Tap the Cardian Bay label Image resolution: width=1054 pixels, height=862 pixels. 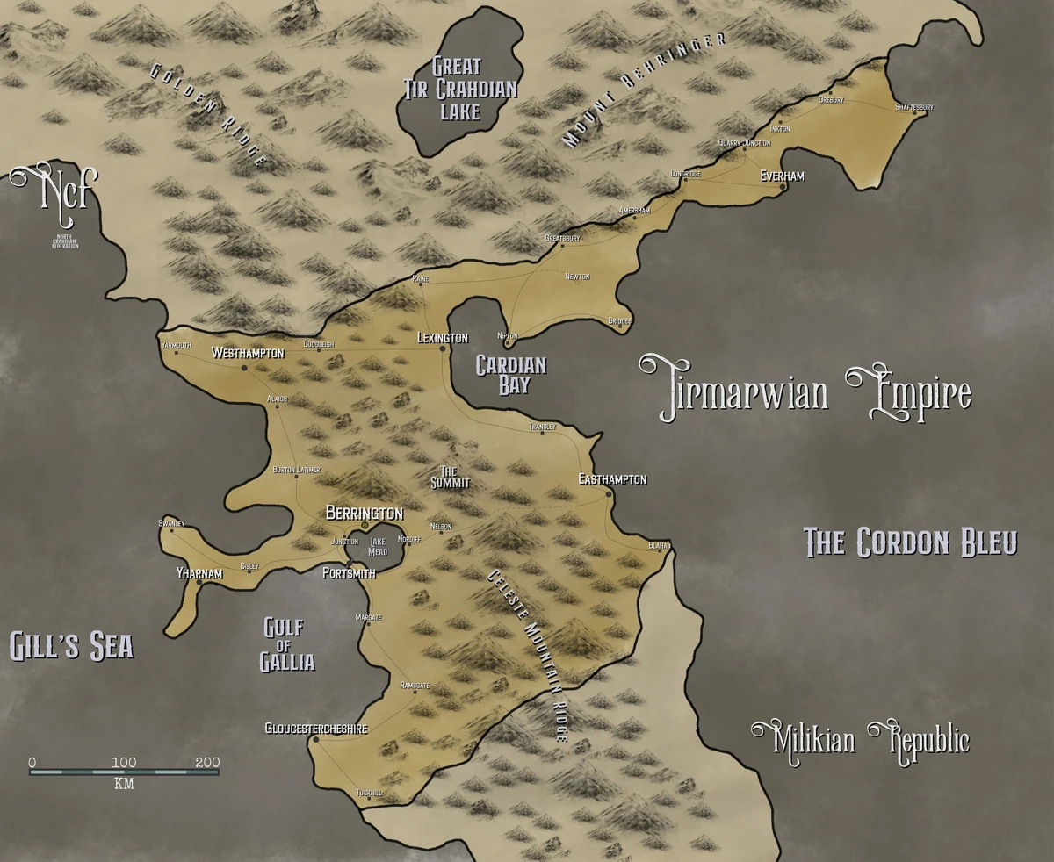[x=510, y=375]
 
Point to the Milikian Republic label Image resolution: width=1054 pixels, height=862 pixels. [x=861, y=740]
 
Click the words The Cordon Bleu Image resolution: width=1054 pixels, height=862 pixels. [x=911, y=542]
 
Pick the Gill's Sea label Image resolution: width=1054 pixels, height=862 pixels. [x=71, y=647]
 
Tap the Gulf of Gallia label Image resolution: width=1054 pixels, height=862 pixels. [x=287, y=644]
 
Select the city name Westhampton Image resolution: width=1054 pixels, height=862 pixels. [x=248, y=353]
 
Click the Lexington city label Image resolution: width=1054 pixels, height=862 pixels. [x=443, y=338]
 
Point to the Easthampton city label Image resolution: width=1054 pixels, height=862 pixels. [x=612, y=479]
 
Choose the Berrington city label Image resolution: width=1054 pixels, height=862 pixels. [x=365, y=513]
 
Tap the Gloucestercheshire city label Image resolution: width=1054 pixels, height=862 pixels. [x=315, y=729]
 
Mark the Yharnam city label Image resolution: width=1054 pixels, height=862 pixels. [x=199, y=574]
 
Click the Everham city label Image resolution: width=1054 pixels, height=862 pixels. [x=782, y=176]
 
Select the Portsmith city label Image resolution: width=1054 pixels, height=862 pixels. [x=349, y=573]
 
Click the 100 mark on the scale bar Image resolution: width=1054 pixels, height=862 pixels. [x=124, y=762]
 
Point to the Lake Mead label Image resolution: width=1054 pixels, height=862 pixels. [x=378, y=547]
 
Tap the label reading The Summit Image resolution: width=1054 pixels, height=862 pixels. [x=450, y=477]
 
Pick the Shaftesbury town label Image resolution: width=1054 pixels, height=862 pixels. [x=913, y=107]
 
